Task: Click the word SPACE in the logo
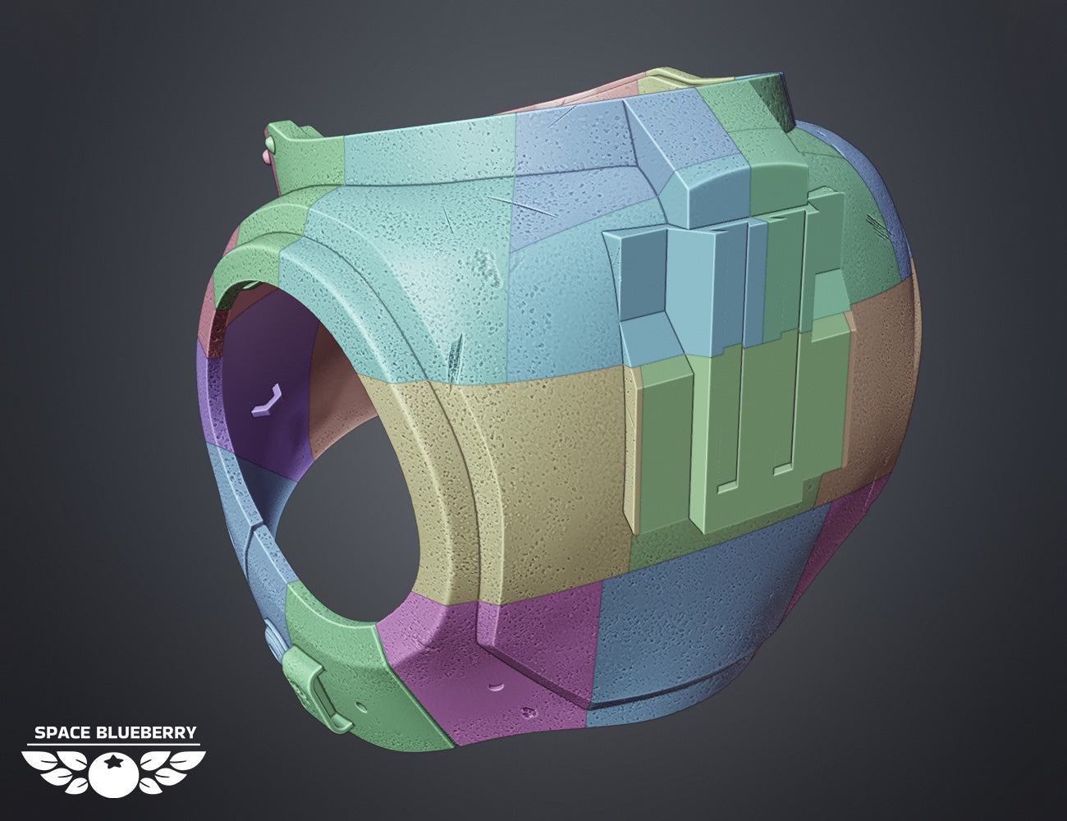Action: click(62, 732)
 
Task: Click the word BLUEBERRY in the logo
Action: click(147, 732)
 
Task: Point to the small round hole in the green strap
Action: click(362, 708)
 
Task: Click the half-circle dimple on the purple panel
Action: click(497, 686)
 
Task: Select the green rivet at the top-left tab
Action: click(271, 143)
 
